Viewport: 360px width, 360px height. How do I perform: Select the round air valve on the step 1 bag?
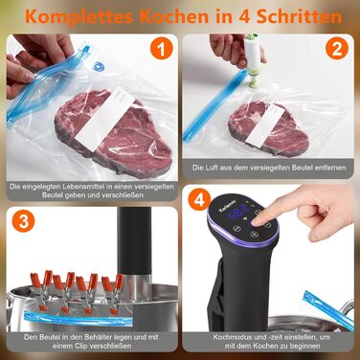97,68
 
